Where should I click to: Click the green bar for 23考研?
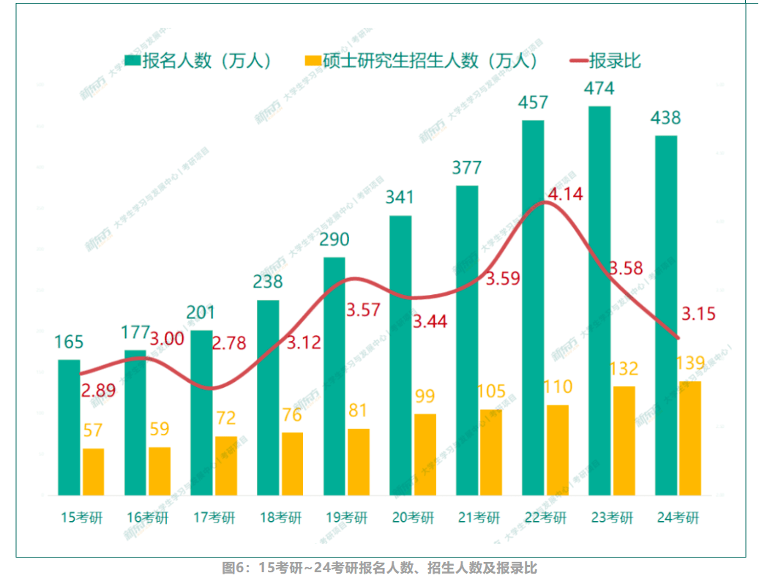(599, 300)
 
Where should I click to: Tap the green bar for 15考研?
(69, 427)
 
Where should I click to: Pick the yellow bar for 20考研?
(425, 454)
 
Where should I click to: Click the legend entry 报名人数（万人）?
(199, 61)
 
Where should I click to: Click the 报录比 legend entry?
(605, 61)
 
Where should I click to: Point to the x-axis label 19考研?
(346, 518)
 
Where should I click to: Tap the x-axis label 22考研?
(545, 518)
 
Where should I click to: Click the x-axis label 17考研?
(214, 518)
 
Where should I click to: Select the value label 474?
(599, 89)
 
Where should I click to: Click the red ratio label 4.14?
(565, 195)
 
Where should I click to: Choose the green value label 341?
(400, 197)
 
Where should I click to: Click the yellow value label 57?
(92, 430)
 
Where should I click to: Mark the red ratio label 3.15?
(698, 314)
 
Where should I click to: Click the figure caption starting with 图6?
(379, 568)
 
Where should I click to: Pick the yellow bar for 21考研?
(491, 452)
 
